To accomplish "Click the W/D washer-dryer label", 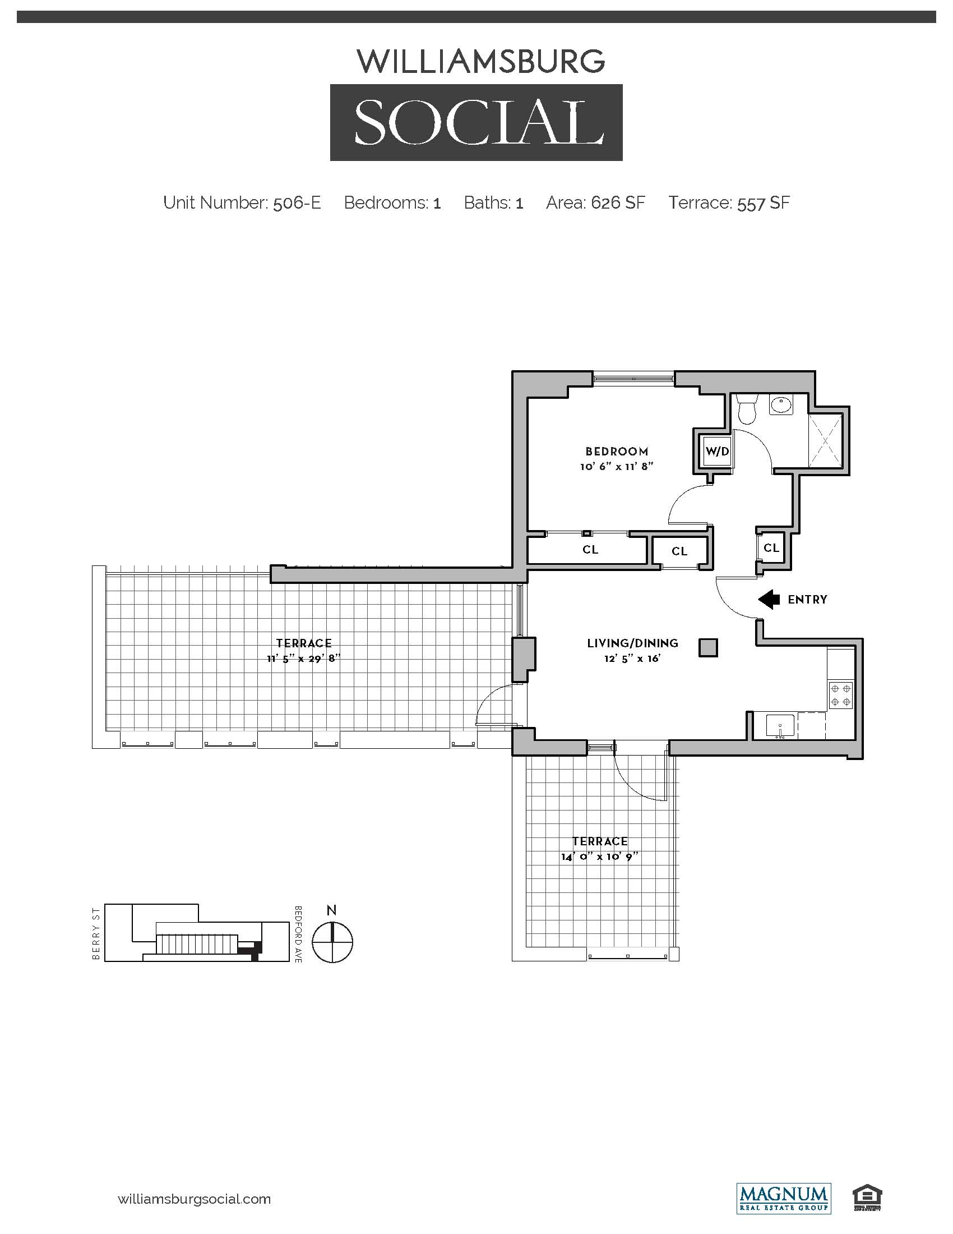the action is click(717, 452).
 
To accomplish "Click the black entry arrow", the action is click(769, 600).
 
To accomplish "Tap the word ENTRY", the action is click(807, 600).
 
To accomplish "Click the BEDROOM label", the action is click(617, 452).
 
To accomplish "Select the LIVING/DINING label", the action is click(632, 643).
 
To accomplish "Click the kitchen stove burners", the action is click(841, 695).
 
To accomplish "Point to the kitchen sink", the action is click(780, 726).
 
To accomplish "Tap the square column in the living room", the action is click(708, 647).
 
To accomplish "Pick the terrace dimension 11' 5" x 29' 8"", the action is click(304, 659).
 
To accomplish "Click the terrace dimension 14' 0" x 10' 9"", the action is click(600, 857).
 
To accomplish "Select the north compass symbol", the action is click(332, 942).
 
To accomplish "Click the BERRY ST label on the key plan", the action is click(96, 933).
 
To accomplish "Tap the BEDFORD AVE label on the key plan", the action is click(298, 934).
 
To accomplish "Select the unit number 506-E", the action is click(297, 203).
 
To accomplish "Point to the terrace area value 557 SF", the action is click(764, 203).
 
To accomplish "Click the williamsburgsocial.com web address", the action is click(194, 1199).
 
